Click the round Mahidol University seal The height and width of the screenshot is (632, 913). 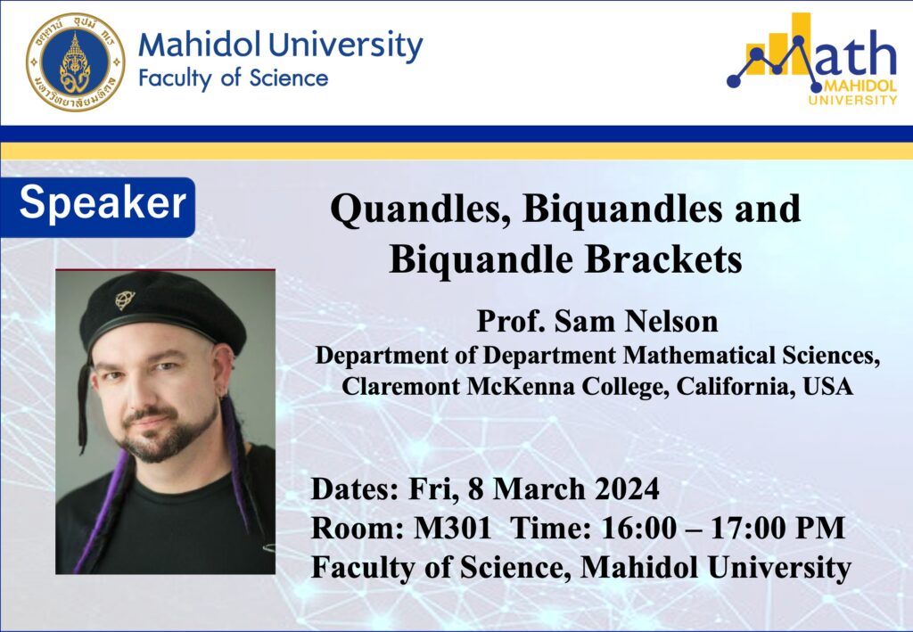[75, 62]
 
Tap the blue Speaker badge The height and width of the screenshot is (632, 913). [98, 207]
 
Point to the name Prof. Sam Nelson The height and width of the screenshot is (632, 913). [597, 321]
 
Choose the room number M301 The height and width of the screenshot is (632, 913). [452, 529]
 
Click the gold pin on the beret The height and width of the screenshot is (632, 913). [124, 300]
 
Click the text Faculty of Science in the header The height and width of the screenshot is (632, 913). [234, 78]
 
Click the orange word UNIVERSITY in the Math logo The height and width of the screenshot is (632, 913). [852, 100]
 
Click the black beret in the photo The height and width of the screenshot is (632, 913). [162, 311]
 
